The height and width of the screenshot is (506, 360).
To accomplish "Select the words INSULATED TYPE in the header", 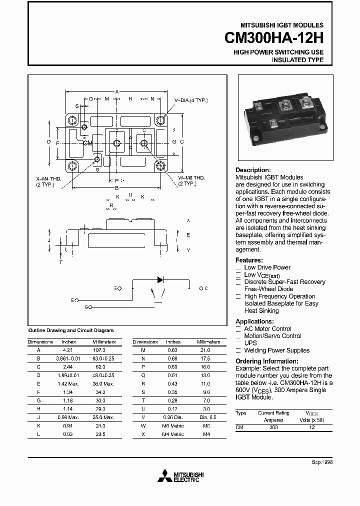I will [x=297, y=60].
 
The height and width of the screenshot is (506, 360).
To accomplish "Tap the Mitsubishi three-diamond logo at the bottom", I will [x=163, y=476].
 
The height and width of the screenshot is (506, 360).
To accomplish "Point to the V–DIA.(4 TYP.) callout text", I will [x=190, y=100].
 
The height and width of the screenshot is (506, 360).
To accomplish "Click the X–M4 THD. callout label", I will [x=48, y=178].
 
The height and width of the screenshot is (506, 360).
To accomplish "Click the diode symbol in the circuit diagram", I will [x=160, y=280].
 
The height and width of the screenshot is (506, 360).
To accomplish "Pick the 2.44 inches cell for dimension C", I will [x=68, y=367].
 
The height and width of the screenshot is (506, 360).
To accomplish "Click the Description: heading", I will [x=253, y=170].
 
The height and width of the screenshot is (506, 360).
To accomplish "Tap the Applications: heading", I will [x=254, y=321].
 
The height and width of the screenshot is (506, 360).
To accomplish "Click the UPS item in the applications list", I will [x=250, y=343].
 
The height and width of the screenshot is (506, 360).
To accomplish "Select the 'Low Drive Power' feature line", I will [x=267, y=267].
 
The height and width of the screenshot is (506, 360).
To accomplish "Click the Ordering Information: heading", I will [x=266, y=361].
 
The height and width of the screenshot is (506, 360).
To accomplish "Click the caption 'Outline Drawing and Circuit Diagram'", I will [x=70, y=330].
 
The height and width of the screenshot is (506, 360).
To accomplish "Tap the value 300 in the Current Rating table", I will [x=273, y=428].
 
